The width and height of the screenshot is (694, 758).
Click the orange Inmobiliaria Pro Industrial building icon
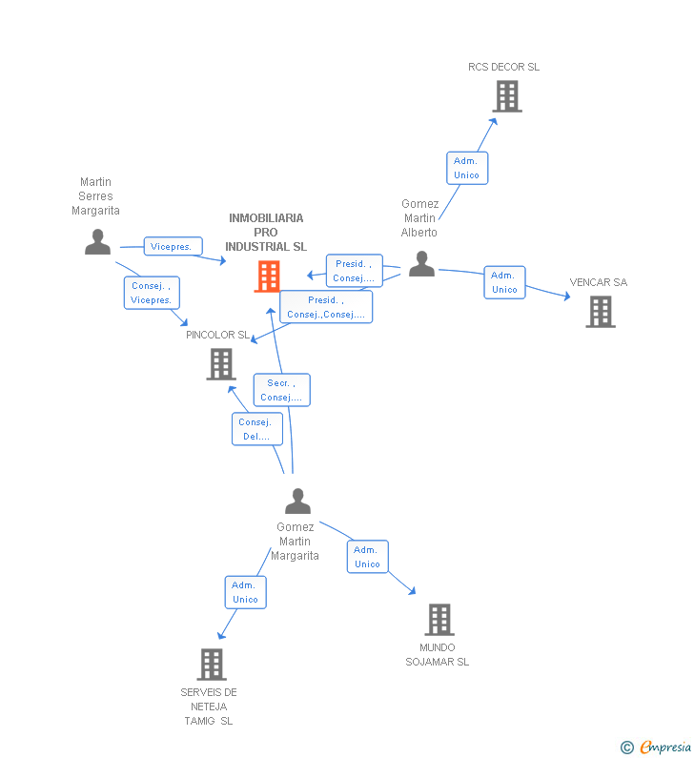click(268, 276)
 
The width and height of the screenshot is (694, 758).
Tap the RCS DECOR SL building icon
click(506, 96)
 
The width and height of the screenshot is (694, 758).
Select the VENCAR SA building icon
click(600, 312)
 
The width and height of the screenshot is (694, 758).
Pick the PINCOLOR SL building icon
click(220, 363)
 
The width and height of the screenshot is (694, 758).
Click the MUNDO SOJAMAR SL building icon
click(439, 620)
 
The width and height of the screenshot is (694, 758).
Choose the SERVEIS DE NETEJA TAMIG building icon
click(211, 664)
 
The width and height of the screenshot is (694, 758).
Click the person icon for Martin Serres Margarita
click(97, 242)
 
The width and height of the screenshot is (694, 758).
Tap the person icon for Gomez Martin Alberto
click(421, 264)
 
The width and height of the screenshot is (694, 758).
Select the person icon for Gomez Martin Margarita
click(297, 502)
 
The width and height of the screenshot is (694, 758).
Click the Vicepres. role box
click(173, 246)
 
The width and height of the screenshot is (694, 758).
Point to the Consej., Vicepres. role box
click(152, 293)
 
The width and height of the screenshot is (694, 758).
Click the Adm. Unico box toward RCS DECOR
click(467, 168)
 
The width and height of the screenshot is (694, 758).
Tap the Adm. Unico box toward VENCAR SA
click(504, 282)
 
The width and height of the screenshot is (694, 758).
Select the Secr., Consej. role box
click(281, 390)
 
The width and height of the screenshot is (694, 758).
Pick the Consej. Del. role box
click(256, 429)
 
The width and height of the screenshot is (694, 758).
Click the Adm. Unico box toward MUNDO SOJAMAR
click(367, 557)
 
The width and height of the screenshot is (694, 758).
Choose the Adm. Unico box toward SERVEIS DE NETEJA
click(245, 592)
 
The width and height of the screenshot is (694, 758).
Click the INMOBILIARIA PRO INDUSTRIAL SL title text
click(266, 232)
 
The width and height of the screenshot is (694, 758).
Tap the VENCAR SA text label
click(599, 282)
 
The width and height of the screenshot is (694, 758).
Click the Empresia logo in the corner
click(657, 747)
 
